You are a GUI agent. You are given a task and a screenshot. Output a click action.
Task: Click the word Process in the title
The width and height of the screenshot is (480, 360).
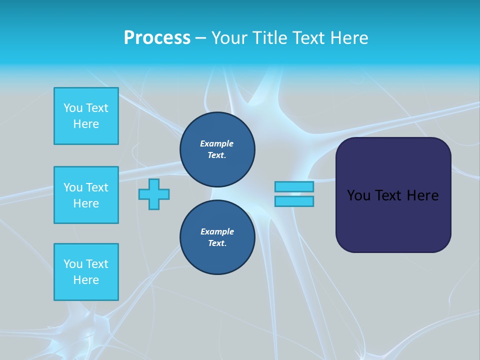point(157,38)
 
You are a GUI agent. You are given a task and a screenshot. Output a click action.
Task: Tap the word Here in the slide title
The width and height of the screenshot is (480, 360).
point(348,38)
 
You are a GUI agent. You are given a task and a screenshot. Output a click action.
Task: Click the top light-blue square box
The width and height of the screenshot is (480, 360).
point(86,116)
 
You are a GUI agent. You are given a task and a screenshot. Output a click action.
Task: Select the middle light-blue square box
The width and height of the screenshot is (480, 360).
point(86,195)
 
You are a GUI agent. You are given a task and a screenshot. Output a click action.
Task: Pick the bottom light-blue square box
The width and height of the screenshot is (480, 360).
point(86,272)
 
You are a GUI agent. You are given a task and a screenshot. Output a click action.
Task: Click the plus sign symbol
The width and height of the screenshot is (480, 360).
point(154,194)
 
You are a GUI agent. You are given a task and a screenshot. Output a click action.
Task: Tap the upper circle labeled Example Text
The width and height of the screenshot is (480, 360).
point(217,149)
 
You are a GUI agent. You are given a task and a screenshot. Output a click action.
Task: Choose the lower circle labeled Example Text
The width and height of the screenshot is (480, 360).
point(217,237)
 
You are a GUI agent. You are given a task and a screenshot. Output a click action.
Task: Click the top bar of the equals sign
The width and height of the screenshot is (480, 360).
point(294,186)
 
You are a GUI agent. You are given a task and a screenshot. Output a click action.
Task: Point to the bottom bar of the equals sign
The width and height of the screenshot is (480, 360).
point(294,201)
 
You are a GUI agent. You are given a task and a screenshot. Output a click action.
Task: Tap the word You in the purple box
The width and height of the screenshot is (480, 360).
point(358,195)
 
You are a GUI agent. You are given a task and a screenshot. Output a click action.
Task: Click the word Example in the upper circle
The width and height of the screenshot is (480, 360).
point(217,143)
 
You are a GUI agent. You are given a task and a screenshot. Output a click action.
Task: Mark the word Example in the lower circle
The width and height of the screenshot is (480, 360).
point(217,231)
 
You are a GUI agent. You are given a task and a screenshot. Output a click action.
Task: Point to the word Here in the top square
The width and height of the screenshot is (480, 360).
point(86,124)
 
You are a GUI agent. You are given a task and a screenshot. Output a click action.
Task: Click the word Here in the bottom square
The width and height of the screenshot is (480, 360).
point(86,280)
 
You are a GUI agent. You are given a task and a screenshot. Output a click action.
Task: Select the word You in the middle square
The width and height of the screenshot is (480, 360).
point(72,187)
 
